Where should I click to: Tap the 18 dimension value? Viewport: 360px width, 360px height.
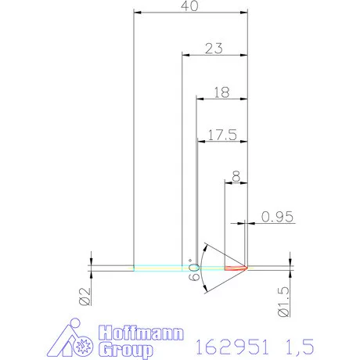point(221,92)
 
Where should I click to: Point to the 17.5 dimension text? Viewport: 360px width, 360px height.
point(222,135)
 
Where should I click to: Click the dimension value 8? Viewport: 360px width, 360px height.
point(237,178)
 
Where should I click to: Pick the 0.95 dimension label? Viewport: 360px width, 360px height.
point(277,217)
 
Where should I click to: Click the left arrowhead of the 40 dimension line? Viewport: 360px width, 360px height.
point(138,13)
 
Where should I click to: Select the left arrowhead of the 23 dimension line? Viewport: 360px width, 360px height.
point(185,54)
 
